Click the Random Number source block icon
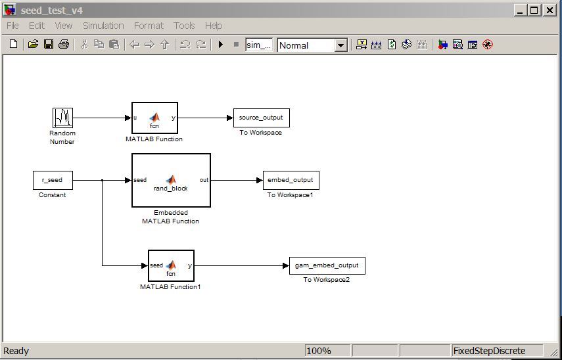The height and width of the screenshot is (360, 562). (x=62, y=118)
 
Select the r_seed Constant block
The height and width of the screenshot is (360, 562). (x=53, y=180)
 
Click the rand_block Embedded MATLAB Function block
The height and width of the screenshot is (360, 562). (x=171, y=180)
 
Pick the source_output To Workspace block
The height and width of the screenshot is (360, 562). (x=262, y=118)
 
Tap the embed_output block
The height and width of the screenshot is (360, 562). (x=291, y=180)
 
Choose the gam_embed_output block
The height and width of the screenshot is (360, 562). (x=327, y=265)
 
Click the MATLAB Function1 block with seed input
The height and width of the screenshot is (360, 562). (x=171, y=265)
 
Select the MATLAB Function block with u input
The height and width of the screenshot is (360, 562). (x=154, y=118)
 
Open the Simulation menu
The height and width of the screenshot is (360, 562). (x=103, y=26)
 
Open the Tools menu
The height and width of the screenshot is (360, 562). (x=184, y=26)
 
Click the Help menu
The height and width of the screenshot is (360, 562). (x=214, y=26)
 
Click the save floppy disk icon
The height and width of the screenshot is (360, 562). (x=49, y=45)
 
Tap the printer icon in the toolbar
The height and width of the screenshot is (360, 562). (x=64, y=45)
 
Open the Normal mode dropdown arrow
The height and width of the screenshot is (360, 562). (x=341, y=45)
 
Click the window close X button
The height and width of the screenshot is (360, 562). (x=550, y=11)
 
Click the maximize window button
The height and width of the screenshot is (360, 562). (x=534, y=11)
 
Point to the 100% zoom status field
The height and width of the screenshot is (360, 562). (x=327, y=351)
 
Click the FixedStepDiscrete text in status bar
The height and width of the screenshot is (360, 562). (x=489, y=351)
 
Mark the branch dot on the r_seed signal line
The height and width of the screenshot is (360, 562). (x=102, y=180)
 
